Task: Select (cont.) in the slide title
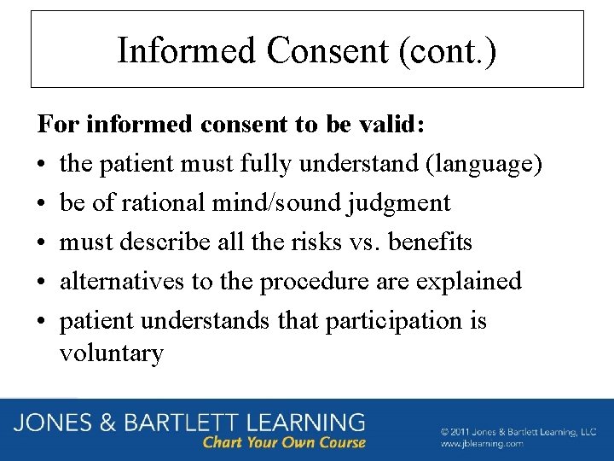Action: click(447, 50)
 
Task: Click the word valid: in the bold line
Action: click(391, 125)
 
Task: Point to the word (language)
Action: click(483, 164)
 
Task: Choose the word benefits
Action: click(431, 242)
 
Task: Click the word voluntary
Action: click(111, 353)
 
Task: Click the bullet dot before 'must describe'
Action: click(42, 243)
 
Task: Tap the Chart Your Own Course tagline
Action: click(284, 442)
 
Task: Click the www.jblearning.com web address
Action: click(483, 445)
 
